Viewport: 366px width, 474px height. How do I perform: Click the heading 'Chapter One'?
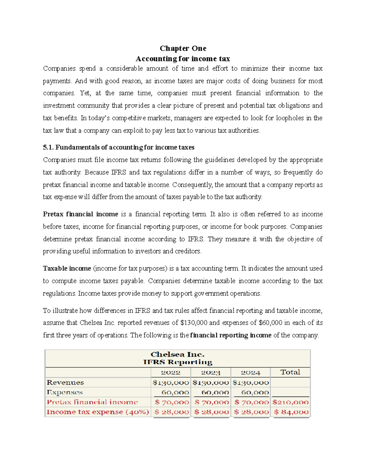tap(183, 48)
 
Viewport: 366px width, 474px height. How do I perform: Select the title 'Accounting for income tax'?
tap(183, 59)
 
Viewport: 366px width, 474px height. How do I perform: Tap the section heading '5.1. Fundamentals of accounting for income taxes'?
tap(119, 147)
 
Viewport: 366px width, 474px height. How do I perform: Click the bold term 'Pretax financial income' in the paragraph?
tap(81, 214)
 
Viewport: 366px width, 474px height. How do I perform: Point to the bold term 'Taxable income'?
tap(67, 269)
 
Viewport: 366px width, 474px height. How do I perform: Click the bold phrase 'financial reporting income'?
tap(231, 335)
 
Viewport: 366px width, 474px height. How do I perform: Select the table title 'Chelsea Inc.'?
tap(178, 354)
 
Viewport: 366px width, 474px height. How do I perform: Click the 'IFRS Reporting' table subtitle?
tap(178, 362)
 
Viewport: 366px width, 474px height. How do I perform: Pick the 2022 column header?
tap(170, 372)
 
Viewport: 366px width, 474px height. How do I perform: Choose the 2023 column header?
tap(210, 372)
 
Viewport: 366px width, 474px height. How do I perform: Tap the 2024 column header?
tap(250, 372)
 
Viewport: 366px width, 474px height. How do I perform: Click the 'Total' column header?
tap(290, 372)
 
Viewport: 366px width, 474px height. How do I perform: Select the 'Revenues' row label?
tap(65, 382)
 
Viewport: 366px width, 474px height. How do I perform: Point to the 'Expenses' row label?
tap(65, 392)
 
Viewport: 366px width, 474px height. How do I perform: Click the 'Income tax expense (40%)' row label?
tap(98, 412)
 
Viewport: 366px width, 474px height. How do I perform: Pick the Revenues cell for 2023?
tap(210, 382)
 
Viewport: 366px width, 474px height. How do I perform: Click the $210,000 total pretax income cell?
tap(290, 402)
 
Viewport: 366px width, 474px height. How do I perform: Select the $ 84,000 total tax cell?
tap(291, 412)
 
